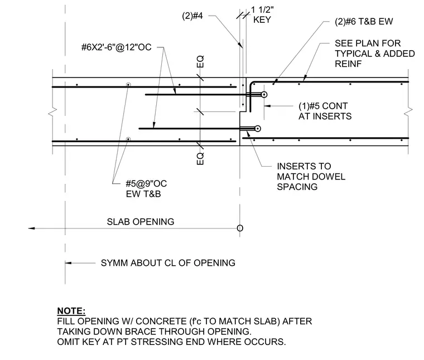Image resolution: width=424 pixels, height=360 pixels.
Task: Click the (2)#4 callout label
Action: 192,16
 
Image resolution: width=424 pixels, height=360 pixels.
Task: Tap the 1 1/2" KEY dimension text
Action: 262,14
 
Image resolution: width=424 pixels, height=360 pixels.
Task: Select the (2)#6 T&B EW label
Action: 364,22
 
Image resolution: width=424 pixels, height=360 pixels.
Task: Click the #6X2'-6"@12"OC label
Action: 116,47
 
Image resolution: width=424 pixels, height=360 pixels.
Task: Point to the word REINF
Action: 348,64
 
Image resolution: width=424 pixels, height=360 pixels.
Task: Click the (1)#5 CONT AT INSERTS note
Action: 325,111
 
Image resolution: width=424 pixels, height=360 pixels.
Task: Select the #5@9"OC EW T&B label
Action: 146,189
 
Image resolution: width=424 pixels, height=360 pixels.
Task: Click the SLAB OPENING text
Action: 141,222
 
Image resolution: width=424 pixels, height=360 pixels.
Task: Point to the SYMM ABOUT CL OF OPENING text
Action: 168,263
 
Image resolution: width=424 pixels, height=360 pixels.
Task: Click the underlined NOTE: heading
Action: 71,311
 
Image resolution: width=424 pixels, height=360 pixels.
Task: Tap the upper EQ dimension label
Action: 200,61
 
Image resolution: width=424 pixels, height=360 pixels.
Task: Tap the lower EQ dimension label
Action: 200,159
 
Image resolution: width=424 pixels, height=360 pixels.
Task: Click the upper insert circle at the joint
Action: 264,95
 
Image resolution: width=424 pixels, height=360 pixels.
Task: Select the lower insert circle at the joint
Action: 258,129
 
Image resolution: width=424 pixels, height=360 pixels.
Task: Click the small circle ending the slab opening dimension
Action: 240,228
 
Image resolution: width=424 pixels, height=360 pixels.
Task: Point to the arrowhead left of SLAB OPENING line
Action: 31,228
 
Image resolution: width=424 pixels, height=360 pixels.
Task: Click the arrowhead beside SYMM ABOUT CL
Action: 68,263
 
